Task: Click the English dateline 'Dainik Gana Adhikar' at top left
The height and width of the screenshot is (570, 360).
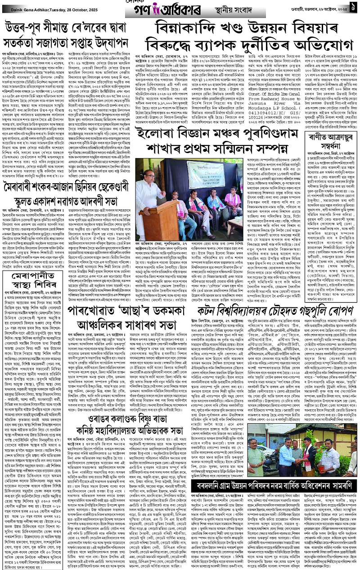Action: tap(25, 5)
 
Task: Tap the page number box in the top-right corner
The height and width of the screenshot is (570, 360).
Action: tap(353, 6)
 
